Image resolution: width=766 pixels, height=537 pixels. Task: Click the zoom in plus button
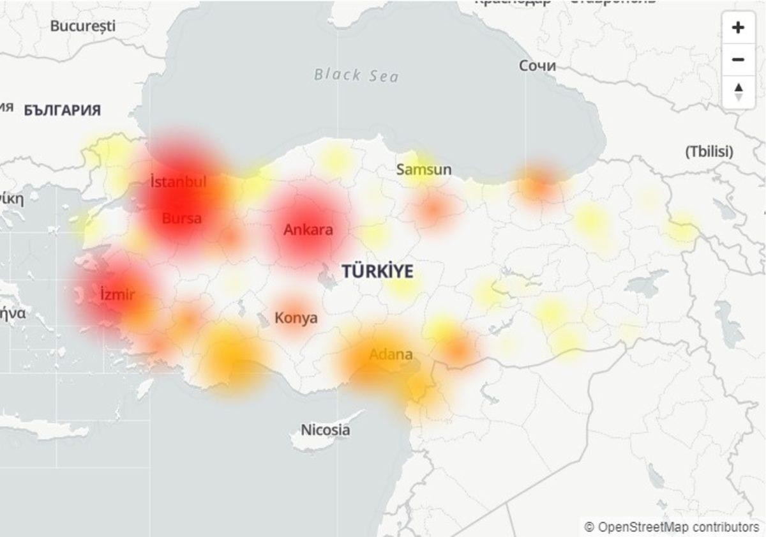[x=738, y=27]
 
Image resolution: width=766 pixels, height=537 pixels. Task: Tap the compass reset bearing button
[x=738, y=91]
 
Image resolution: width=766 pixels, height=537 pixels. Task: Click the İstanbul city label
[x=179, y=182]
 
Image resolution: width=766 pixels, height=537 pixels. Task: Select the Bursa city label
[x=182, y=218]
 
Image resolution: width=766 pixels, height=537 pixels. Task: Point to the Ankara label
[x=308, y=230]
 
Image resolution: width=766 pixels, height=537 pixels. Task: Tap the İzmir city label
[x=117, y=295]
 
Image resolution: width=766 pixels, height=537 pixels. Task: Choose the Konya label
[x=296, y=317]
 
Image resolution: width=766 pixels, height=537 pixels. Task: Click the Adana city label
[x=391, y=354]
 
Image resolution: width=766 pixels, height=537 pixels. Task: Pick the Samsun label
[x=424, y=170]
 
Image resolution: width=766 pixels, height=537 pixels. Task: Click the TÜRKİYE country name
[x=377, y=271]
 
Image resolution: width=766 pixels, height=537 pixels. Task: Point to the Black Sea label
[x=356, y=75]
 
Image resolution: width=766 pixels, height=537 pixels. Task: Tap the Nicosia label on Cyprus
[x=326, y=430]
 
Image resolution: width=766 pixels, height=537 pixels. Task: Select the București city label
[x=83, y=26]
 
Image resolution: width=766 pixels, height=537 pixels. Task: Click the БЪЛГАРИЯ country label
[x=63, y=110]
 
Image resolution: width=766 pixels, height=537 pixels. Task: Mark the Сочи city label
[x=537, y=66]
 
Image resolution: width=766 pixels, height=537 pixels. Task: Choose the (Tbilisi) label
[x=709, y=152]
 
